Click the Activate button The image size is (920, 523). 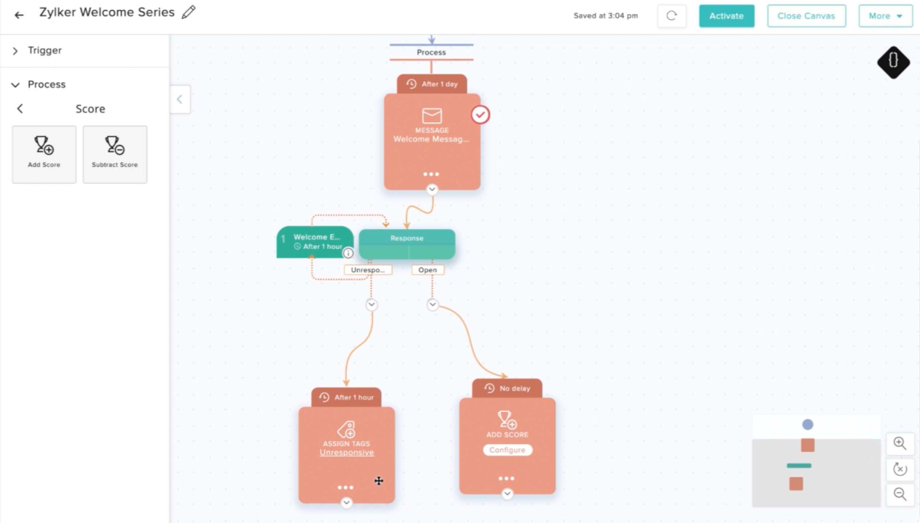pos(726,16)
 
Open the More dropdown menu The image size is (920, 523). pos(885,16)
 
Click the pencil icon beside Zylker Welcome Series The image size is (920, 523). pos(189,12)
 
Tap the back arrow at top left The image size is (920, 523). pos(19,15)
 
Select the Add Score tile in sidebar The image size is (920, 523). pos(44,154)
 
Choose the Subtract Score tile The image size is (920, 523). pos(115,154)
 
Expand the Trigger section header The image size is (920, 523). pos(45,50)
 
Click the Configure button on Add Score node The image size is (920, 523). pos(507,450)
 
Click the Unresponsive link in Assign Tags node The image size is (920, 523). pos(347,452)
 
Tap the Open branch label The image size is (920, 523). pos(427,270)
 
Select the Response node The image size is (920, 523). pos(406,244)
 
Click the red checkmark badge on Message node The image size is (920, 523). pos(480,115)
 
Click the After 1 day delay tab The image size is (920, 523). pos(432,84)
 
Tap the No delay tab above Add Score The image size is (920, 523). pos(507,388)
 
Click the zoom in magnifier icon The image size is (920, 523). pos(900,443)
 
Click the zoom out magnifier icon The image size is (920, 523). pos(900,494)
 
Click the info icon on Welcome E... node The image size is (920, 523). pos(348,253)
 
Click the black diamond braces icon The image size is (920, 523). pos(893,62)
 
